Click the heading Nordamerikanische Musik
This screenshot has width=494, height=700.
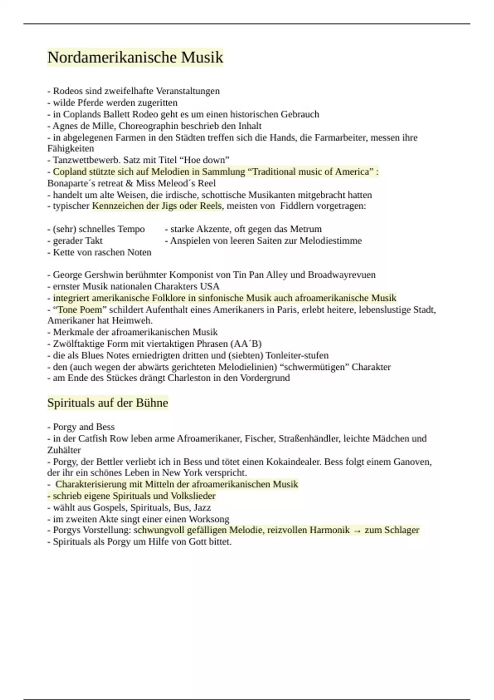(x=135, y=57)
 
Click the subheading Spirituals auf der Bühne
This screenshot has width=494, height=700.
(x=107, y=403)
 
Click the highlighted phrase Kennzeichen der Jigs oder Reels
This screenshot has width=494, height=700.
(x=157, y=206)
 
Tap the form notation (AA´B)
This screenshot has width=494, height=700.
(x=246, y=344)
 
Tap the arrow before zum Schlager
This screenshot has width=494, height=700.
(x=357, y=531)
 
